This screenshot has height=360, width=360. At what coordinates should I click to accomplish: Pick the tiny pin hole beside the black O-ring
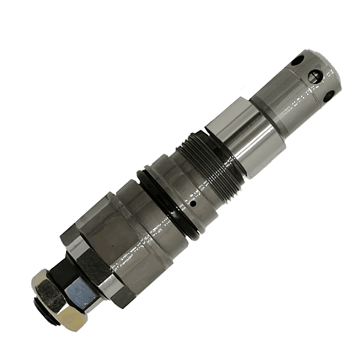(194, 203)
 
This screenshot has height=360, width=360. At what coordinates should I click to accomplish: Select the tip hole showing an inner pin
(313, 76)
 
